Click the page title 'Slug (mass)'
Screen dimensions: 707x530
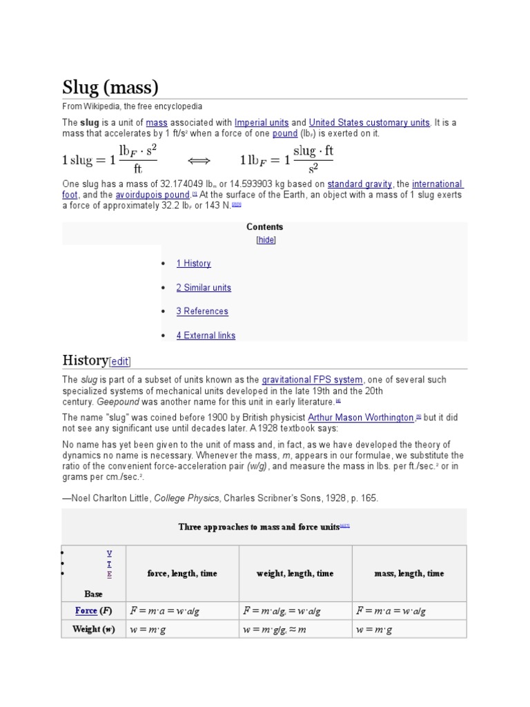pyautogui.click(x=110, y=88)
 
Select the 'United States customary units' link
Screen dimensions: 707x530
pyautogui.click(x=369, y=122)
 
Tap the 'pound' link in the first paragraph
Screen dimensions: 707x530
pyautogui.click(x=285, y=133)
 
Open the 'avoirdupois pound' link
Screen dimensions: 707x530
pyautogui.click(x=153, y=195)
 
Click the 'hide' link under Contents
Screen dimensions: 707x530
pyautogui.click(x=266, y=240)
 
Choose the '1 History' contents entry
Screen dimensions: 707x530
pyautogui.click(x=193, y=263)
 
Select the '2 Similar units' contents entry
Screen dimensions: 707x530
pyautogui.click(x=204, y=287)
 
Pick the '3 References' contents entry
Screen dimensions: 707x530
pyautogui.click(x=202, y=311)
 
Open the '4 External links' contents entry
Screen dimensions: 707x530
pyautogui.click(x=206, y=336)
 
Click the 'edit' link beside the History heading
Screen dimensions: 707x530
pyautogui.click(x=120, y=361)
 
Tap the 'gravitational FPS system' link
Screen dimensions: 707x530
pyautogui.click(x=312, y=380)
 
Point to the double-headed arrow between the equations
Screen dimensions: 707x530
pyautogui.click(x=199, y=160)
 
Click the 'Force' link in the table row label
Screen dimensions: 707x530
pyautogui.click(x=86, y=611)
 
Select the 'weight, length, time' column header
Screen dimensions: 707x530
pyautogui.click(x=295, y=573)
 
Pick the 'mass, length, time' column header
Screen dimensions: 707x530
pyautogui.click(x=409, y=573)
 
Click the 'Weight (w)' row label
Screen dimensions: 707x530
pyautogui.click(x=94, y=629)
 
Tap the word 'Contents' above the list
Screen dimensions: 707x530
pyautogui.click(x=265, y=226)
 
